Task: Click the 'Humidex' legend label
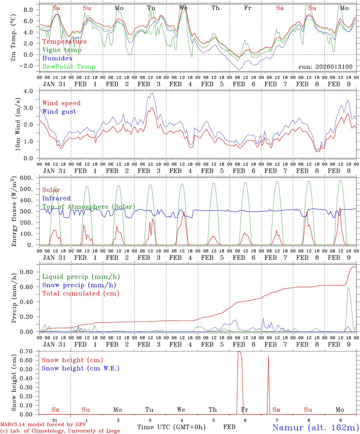tap(57, 58)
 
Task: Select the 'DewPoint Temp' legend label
tap(69, 67)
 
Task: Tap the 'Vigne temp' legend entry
tap(62, 50)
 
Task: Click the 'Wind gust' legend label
tap(59, 112)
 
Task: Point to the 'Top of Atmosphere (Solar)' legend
tap(89, 207)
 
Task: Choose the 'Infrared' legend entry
tap(56, 198)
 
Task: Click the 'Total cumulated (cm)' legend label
tap(81, 293)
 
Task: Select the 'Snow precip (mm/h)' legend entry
tap(79, 285)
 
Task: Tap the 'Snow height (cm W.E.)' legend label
tap(81, 368)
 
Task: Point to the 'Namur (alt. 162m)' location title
tap(315, 427)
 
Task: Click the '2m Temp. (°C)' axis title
tap(14, 37)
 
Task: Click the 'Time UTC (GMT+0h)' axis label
tap(171, 427)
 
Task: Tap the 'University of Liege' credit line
tap(60, 431)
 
